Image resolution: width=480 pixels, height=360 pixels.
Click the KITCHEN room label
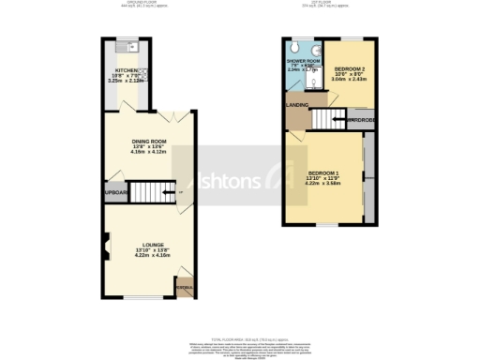[x=126, y=70]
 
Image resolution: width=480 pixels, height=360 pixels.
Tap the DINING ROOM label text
[x=147, y=141]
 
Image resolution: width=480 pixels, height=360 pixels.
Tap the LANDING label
[x=298, y=104]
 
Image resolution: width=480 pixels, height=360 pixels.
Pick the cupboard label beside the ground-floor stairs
[x=115, y=195]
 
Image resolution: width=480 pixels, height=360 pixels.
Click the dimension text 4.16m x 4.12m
[x=149, y=152]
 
